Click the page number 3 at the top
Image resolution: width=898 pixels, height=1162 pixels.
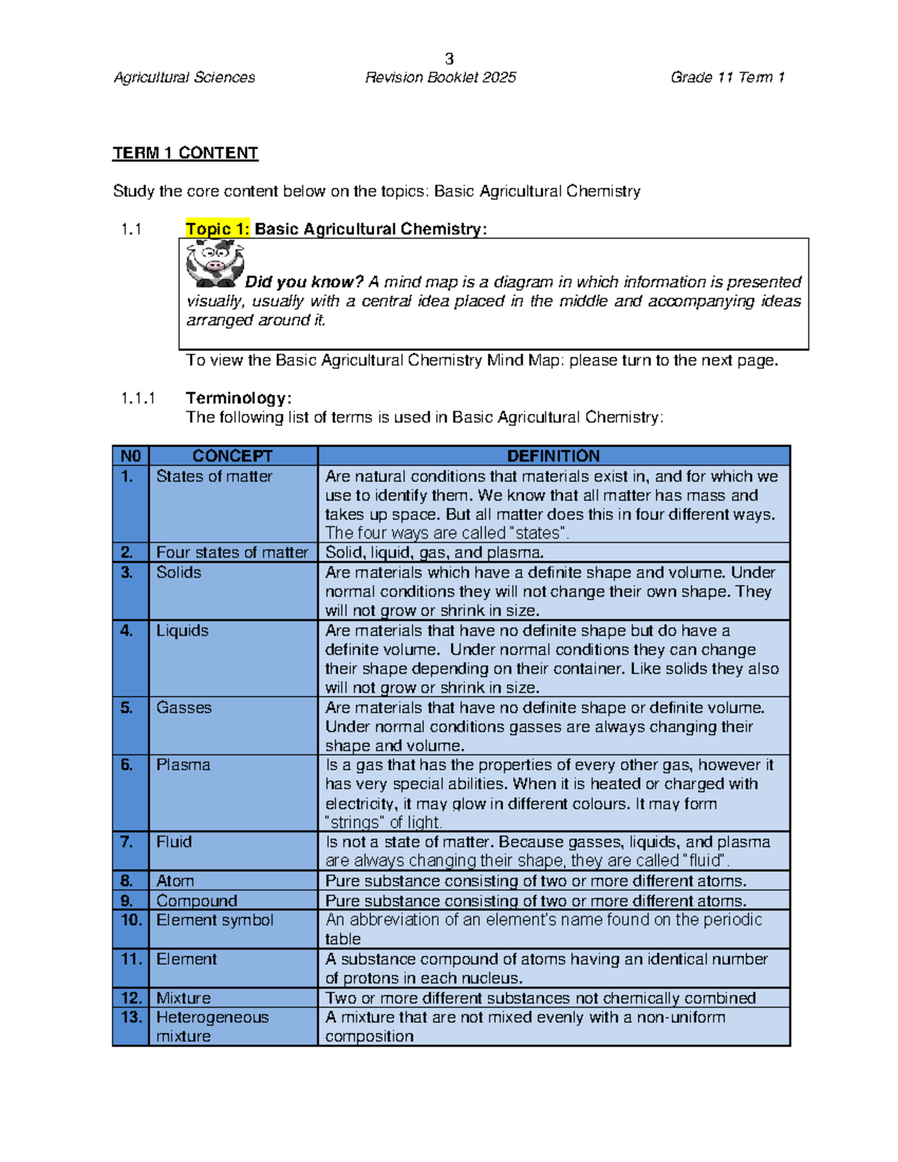449,58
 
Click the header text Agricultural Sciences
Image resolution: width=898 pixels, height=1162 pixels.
184,77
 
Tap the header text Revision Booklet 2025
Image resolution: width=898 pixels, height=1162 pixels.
440,77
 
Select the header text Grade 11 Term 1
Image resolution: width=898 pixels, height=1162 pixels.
727,77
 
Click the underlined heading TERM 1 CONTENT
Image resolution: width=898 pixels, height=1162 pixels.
185,153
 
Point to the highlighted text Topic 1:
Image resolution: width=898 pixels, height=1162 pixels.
217,229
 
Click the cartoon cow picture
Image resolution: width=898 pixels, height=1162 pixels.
215,264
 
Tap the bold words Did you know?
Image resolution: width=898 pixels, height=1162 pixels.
304,282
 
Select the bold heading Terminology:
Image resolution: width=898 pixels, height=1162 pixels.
238,398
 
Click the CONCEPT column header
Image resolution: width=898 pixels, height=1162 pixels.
232,456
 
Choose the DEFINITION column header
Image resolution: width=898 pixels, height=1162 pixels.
553,456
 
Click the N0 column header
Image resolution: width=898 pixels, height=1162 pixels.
130,456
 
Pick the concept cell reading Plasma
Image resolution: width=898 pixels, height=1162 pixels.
183,765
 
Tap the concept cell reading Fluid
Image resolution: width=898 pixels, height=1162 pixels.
174,842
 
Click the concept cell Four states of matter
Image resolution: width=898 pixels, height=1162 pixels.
232,552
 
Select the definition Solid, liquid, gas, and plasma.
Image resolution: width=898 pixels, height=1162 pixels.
434,552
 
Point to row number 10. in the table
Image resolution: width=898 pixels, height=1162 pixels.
131,920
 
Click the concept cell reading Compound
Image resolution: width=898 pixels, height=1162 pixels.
196,900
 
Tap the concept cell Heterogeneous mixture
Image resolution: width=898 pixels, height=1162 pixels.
212,1027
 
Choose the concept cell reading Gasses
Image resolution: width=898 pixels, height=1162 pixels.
184,707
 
